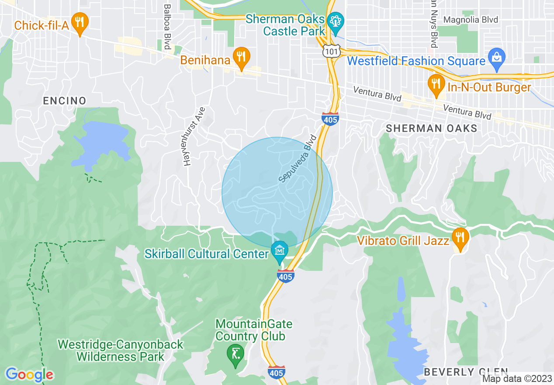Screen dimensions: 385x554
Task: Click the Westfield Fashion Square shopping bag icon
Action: pyautogui.click(x=497, y=56)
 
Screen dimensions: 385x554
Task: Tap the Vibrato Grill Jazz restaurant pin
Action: pyautogui.click(x=459, y=237)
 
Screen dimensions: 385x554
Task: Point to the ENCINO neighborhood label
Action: pyautogui.click(x=65, y=101)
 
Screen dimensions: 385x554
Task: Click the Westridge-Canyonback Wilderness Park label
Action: pyautogui.click(x=121, y=350)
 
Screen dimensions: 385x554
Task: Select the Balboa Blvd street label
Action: pyautogui.click(x=166, y=27)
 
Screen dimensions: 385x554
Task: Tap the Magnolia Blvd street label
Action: pyautogui.click(x=471, y=20)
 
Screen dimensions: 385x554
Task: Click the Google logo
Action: pyautogui.click(x=29, y=374)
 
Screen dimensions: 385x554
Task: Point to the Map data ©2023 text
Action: pyautogui.click(x=517, y=378)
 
